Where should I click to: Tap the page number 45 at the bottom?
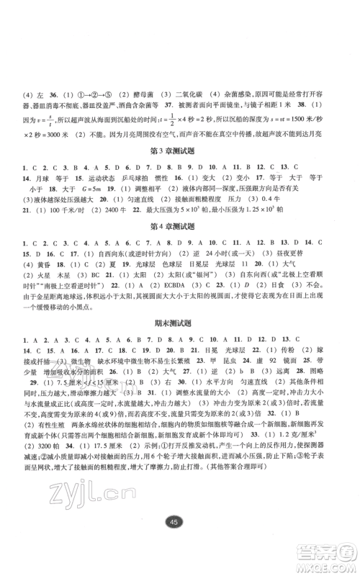[181, 544]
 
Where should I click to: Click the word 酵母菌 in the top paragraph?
[130, 94]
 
